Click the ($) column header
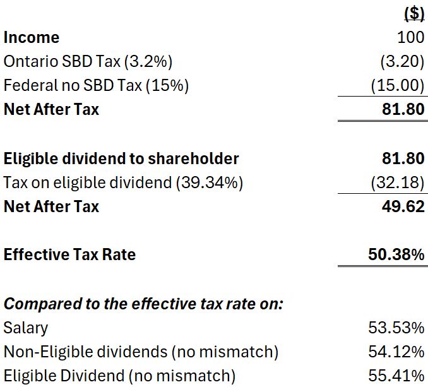(413, 14)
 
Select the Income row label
(32, 37)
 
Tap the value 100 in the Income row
(410, 37)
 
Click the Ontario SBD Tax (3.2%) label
(88, 61)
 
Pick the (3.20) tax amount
(402, 61)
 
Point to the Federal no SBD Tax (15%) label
(96, 85)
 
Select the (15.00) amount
(398, 85)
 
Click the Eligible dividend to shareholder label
(121, 158)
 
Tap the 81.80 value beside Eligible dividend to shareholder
(403, 158)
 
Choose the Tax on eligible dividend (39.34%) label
(123, 182)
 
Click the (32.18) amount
(398, 182)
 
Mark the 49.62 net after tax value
(403, 206)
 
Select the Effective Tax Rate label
(69, 254)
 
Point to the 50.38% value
(396, 254)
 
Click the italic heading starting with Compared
(143, 304)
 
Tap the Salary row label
(25, 328)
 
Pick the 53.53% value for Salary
(396, 328)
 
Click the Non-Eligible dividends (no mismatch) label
(140, 352)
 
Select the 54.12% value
(396, 352)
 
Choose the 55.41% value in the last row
(396, 376)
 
